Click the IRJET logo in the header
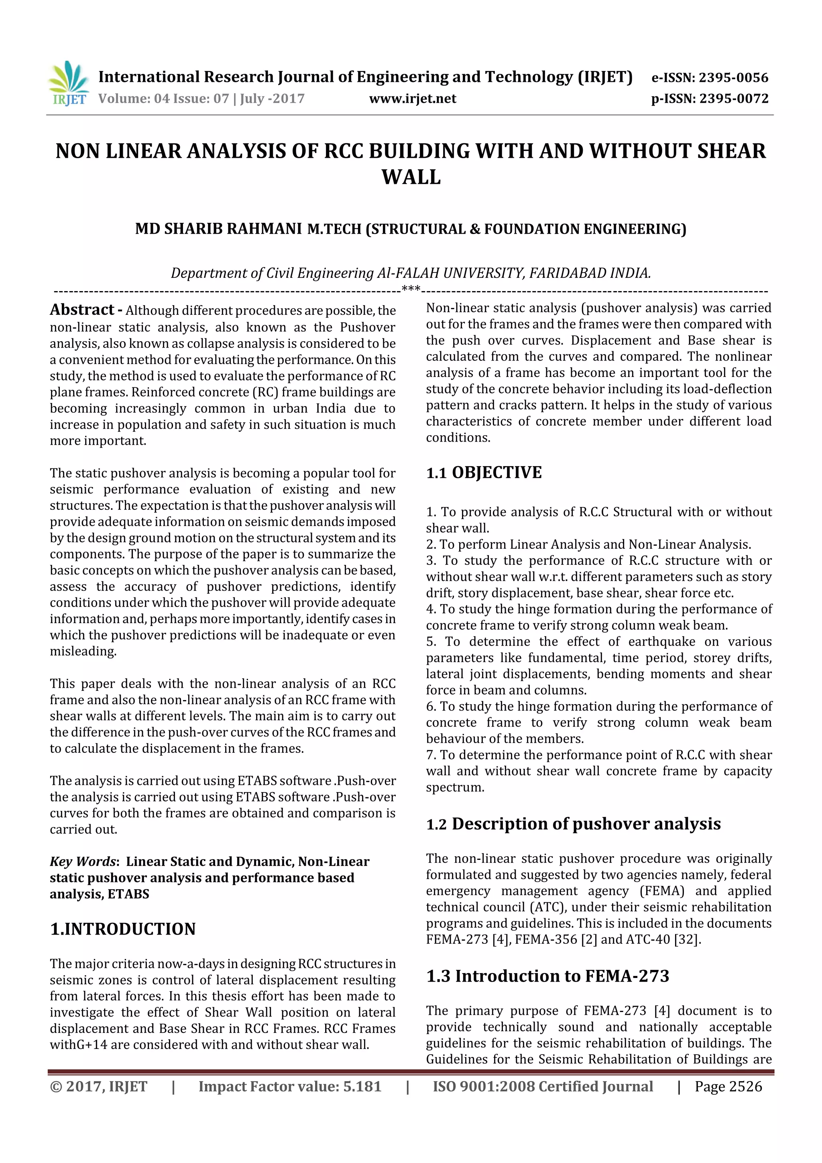tap(68, 84)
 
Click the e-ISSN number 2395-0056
tap(733, 77)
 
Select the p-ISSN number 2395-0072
tap(734, 98)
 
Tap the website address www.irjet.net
tap(412, 98)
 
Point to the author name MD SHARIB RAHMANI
tap(218, 229)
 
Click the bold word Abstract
tap(82, 310)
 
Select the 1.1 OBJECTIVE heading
tap(484, 473)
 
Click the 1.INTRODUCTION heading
tap(122, 929)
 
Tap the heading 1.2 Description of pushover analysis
tap(573, 824)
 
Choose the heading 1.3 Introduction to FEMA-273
tap(547, 976)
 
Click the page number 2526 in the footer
tap(743, 1086)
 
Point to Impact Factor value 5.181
tap(289, 1086)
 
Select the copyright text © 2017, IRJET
tap(98, 1086)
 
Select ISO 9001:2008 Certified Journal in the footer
tap(542, 1086)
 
